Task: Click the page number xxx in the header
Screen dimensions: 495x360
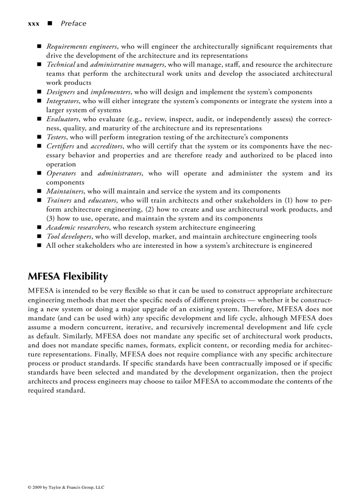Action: tap(34, 24)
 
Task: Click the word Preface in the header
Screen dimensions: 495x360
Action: tap(74, 24)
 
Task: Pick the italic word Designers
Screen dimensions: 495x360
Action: tap(60, 92)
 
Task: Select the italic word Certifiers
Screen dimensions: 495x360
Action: tap(60, 146)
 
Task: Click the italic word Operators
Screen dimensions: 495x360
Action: tap(61, 173)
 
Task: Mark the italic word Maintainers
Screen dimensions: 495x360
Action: tap(65, 191)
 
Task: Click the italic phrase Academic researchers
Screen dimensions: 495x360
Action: tap(78, 227)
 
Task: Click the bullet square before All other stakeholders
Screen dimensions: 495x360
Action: tap(39, 246)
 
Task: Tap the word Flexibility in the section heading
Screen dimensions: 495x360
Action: tap(85, 276)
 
